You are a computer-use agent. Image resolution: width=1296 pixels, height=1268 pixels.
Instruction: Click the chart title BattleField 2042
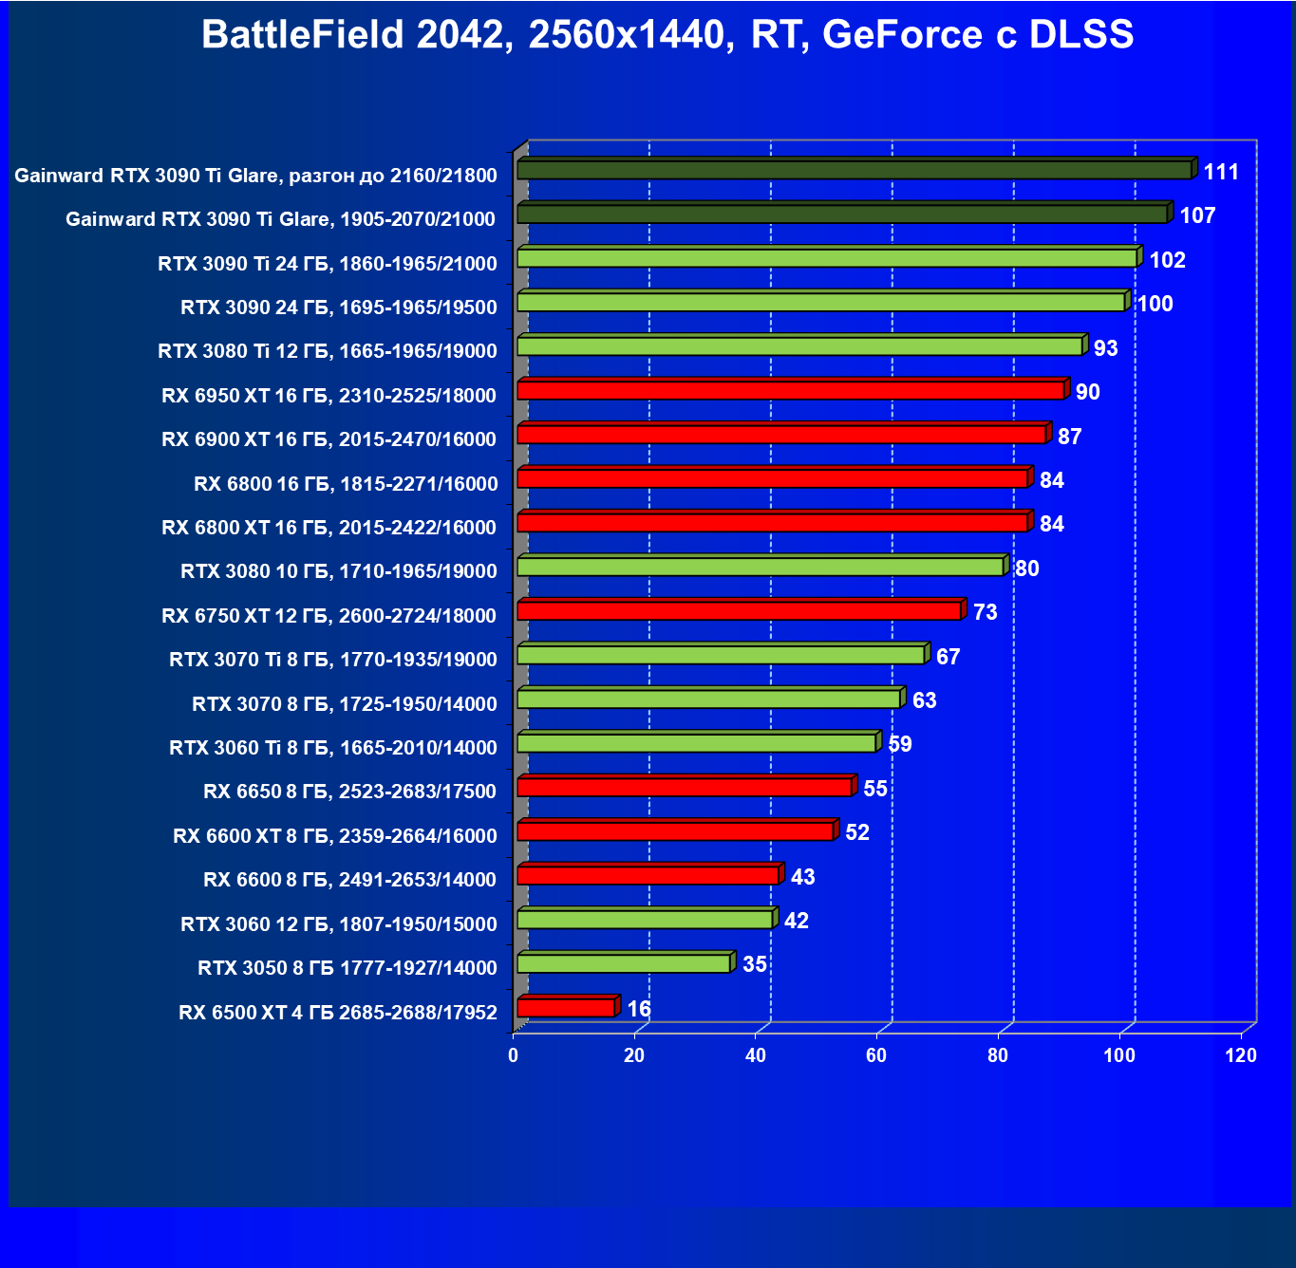point(667,35)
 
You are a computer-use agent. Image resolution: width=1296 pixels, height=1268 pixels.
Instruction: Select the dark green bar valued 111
point(855,170)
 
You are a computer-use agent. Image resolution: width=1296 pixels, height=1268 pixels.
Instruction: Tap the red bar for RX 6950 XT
point(790,390)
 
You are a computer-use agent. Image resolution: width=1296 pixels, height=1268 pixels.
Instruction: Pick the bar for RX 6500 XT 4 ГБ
point(566,1008)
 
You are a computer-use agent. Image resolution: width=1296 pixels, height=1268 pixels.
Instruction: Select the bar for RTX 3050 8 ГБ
point(624,963)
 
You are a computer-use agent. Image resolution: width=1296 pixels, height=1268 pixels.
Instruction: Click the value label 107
point(1197,215)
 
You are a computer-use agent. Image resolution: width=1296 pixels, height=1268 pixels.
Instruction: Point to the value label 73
point(986,612)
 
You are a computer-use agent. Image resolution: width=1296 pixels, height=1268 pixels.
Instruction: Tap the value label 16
point(639,1009)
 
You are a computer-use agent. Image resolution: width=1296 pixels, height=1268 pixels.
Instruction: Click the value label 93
point(1105,348)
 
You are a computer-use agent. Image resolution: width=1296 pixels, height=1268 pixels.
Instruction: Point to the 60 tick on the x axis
point(876,1055)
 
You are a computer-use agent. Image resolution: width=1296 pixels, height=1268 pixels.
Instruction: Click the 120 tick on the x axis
point(1240,1055)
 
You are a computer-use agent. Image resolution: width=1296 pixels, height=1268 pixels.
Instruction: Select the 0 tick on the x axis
point(514,1055)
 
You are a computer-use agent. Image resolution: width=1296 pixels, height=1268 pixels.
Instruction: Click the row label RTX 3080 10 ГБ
point(338,571)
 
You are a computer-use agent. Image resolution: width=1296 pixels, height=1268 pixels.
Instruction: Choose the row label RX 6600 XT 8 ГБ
point(334,836)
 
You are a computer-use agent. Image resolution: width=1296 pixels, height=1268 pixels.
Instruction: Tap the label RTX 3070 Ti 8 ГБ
point(332,660)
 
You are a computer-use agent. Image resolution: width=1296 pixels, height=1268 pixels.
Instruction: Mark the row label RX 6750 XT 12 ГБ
point(329,616)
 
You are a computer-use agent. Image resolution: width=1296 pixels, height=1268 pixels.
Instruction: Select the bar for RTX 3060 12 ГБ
point(645,920)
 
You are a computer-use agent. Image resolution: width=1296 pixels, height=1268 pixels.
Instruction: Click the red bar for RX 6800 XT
point(773,523)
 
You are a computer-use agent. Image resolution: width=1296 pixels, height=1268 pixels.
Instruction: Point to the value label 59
point(899,744)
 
